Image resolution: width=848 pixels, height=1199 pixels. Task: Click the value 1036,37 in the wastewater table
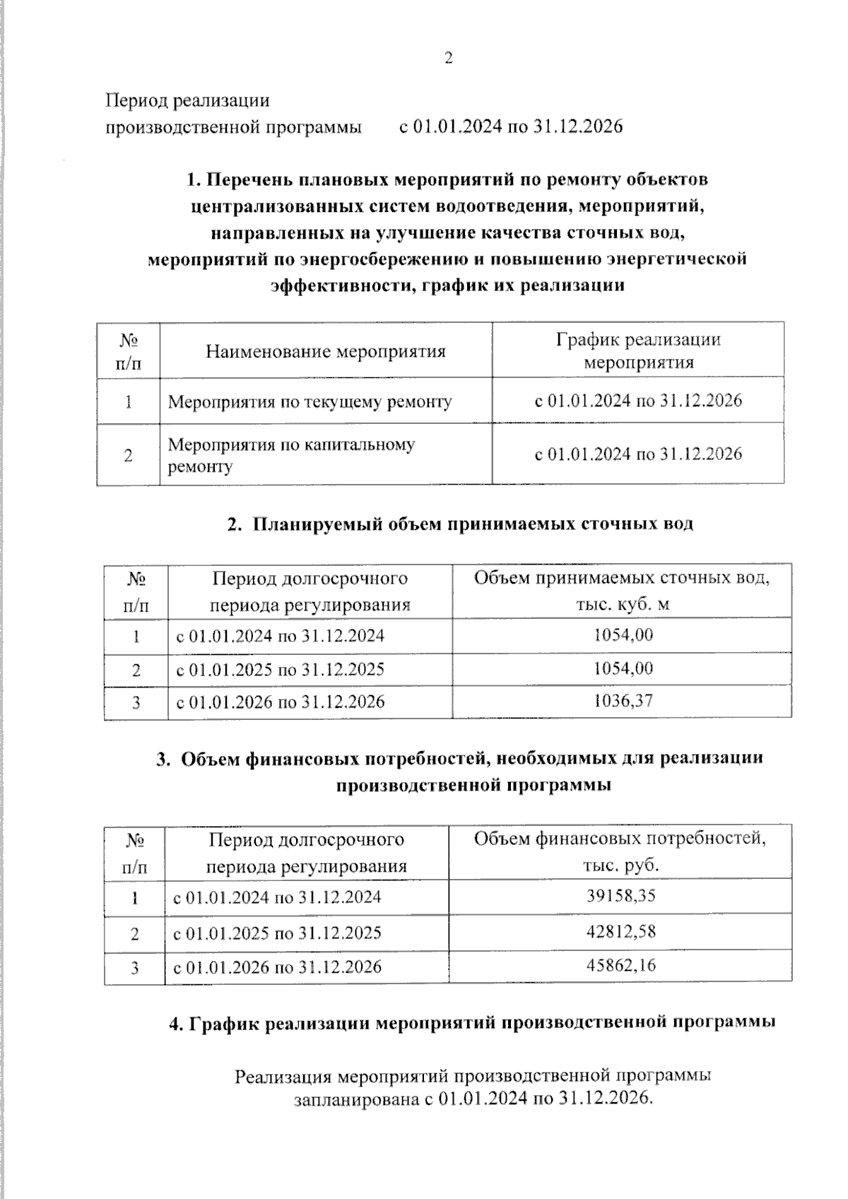coord(623,701)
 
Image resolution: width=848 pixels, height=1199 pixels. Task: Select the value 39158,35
coord(620,896)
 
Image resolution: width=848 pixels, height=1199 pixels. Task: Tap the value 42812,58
coord(620,931)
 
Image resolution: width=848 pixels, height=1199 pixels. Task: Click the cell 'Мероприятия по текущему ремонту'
coord(310,402)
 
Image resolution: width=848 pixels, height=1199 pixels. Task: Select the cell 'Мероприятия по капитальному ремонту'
coord(291,455)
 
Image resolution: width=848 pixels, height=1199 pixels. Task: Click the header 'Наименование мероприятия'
coord(326,351)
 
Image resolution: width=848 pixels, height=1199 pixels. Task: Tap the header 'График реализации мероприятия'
coord(637,350)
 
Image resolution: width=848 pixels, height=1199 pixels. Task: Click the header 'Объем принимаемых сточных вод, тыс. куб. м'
coord(622,591)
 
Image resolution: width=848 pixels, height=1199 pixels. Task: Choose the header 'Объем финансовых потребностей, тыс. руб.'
coord(620,852)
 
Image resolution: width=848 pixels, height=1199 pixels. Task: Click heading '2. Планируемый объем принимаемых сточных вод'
coord(460,524)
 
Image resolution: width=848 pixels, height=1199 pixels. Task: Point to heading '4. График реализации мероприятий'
coord(472,1023)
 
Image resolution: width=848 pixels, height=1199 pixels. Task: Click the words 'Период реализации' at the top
coord(187,100)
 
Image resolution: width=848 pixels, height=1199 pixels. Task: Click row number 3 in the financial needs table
coord(134,967)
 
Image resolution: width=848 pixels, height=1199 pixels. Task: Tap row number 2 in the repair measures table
coord(128,455)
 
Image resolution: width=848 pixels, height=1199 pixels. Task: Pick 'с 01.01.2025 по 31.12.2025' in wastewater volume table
coord(280,669)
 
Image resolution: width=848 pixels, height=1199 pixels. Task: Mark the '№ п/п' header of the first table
coord(128,350)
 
